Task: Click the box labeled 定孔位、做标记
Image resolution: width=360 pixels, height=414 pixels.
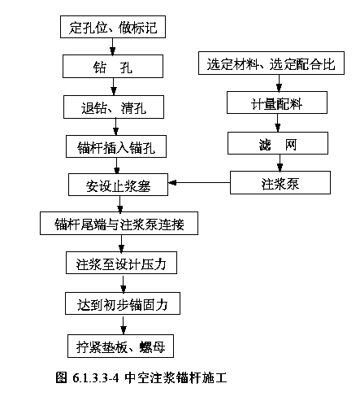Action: [113, 27]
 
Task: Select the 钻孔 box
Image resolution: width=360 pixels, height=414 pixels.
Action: [113, 67]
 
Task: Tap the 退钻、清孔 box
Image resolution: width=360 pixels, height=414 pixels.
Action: [114, 107]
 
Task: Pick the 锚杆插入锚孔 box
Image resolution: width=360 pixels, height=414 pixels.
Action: [116, 146]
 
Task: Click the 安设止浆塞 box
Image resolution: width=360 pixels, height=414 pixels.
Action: [118, 185]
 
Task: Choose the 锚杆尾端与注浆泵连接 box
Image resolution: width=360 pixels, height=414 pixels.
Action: [119, 224]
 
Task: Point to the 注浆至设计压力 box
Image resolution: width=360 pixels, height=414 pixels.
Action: [121, 263]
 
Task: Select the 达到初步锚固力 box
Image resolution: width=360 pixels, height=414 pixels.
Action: [123, 303]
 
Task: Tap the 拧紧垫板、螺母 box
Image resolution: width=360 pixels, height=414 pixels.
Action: [120, 346]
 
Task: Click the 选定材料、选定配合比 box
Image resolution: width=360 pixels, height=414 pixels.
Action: [271, 63]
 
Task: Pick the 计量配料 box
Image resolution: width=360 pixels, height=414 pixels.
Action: [277, 102]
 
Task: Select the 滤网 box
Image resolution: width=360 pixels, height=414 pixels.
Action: [278, 143]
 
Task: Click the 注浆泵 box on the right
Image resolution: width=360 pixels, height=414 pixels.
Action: [280, 182]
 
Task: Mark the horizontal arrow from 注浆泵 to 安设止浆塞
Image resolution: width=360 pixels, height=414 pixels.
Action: [199, 182]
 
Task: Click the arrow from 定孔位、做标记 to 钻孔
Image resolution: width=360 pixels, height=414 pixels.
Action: [113, 46]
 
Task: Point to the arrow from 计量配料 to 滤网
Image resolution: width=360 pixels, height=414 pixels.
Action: [278, 123]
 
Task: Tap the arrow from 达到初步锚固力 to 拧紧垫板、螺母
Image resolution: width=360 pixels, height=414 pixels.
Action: [124, 325]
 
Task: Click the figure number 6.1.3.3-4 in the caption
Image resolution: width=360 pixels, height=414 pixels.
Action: [96, 377]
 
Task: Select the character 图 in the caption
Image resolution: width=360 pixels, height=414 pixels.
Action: [61, 377]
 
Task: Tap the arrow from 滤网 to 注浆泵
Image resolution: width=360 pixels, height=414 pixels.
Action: [280, 163]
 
